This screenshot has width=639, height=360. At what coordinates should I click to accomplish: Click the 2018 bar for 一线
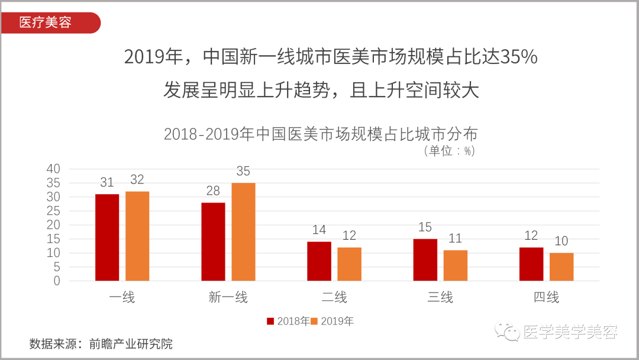pyautogui.click(x=107, y=237)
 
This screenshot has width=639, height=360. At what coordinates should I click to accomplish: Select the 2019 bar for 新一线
pyautogui.click(x=243, y=232)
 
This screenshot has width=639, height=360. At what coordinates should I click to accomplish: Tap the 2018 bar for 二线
pyautogui.click(x=319, y=261)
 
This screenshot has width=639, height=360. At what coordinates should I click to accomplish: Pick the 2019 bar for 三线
pyautogui.click(x=456, y=265)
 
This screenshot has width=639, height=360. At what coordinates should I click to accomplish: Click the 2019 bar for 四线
pyautogui.click(x=561, y=266)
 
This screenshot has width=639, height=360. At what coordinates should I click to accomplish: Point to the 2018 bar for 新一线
pyautogui.click(x=213, y=242)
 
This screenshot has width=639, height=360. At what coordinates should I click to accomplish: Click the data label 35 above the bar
pyautogui.click(x=243, y=172)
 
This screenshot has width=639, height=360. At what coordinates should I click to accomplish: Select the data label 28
pyautogui.click(x=213, y=191)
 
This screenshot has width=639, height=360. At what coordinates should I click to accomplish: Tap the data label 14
pyautogui.click(x=319, y=230)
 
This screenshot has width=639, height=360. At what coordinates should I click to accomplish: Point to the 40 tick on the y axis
pyautogui.click(x=53, y=169)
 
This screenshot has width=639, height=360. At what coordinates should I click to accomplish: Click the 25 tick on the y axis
pyautogui.click(x=53, y=211)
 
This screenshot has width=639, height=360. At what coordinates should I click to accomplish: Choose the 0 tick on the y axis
pyautogui.click(x=57, y=281)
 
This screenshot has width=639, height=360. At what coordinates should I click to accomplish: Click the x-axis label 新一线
pyautogui.click(x=228, y=297)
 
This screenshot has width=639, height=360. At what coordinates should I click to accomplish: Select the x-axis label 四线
pyautogui.click(x=546, y=297)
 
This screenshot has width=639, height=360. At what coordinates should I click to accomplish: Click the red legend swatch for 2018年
pyautogui.click(x=270, y=322)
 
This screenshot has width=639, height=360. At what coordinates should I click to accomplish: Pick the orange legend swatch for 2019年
pyautogui.click(x=315, y=322)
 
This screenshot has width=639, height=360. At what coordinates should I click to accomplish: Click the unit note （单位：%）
pyautogui.click(x=449, y=151)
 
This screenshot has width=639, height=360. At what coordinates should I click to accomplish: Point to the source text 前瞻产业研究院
pyautogui.click(x=131, y=343)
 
